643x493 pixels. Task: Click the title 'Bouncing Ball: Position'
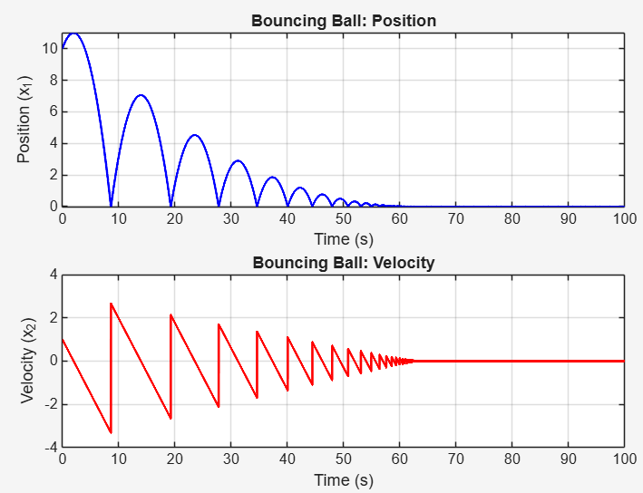(343, 20)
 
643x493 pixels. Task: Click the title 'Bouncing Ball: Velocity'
(343, 264)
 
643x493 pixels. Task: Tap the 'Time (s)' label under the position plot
(343, 239)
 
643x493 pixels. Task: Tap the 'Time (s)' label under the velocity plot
(343, 480)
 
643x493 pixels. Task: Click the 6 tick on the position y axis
(53, 111)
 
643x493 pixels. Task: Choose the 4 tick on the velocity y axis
(53, 274)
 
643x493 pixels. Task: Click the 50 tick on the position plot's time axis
(343, 218)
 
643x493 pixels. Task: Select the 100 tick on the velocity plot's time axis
(623, 459)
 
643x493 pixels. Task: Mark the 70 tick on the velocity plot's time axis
(455, 459)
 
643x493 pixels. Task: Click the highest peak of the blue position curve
(73, 33)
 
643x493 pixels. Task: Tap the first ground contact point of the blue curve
(111, 206)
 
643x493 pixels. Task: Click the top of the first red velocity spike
(112, 304)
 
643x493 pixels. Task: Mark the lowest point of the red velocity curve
(111, 433)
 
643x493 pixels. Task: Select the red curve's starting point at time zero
(63, 339)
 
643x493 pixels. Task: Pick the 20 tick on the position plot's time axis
(174, 218)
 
